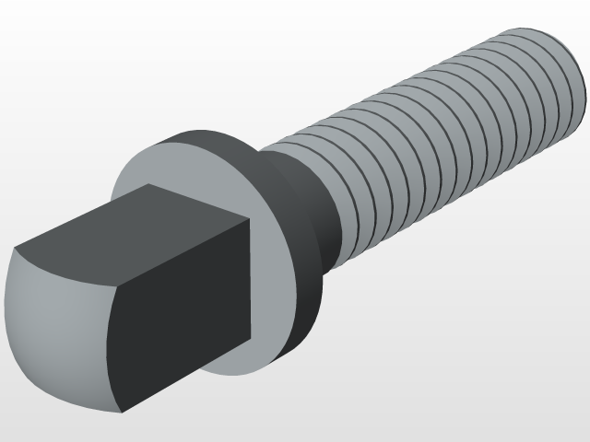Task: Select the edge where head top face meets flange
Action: pos(198,202)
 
